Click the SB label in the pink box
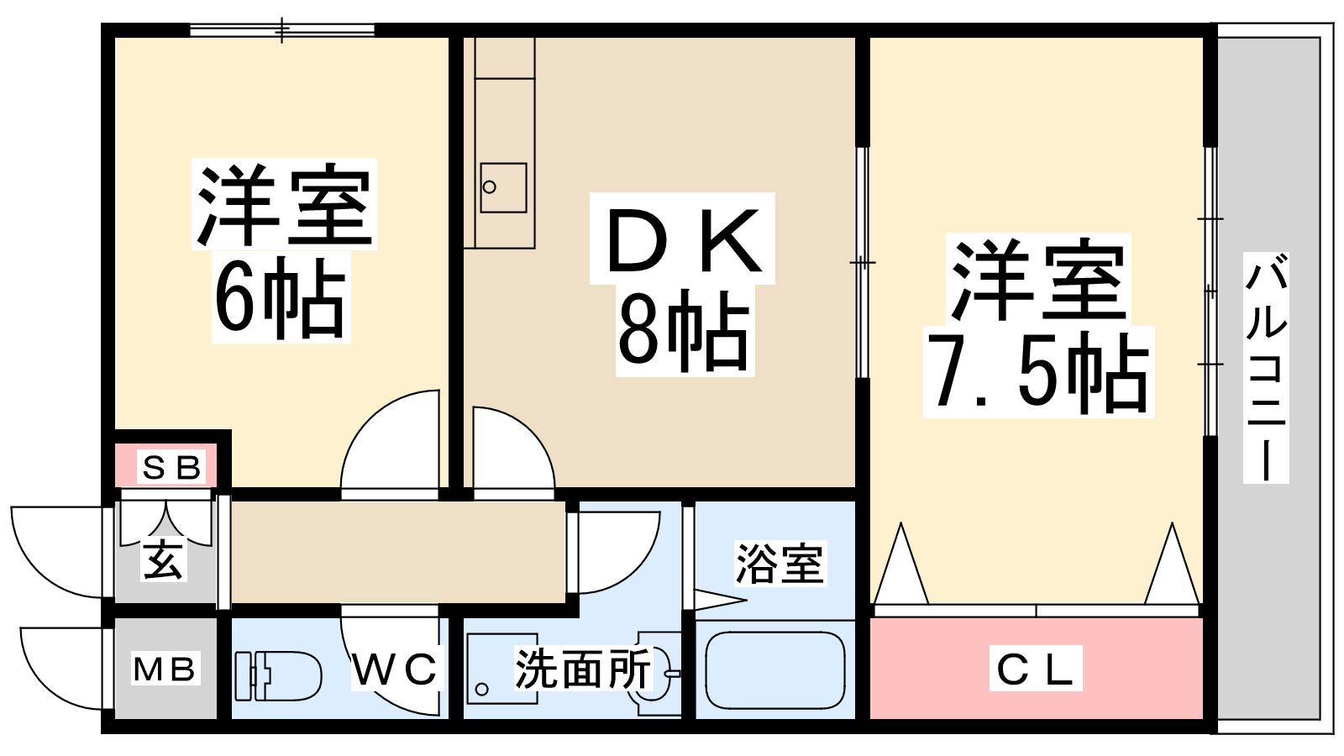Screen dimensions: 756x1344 [x=171, y=467]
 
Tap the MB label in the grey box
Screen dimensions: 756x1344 [x=165, y=669]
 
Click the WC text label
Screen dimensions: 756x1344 [x=395, y=669]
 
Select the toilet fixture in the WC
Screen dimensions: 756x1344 [x=277, y=675]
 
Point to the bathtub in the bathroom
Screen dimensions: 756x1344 [x=774, y=670]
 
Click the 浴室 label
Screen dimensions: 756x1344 [x=779, y=564]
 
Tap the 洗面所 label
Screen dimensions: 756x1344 [x=582, y=669]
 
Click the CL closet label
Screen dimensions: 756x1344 [x=1035, y=669]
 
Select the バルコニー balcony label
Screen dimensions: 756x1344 [x=1265, y=368]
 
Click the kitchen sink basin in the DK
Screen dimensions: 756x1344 [x=503, y=187]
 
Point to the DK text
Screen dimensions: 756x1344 [x=682, y=240]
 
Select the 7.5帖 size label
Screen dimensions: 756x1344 [x=1038, y=373]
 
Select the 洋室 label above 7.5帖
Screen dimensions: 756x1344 [x=1038, y=280]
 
